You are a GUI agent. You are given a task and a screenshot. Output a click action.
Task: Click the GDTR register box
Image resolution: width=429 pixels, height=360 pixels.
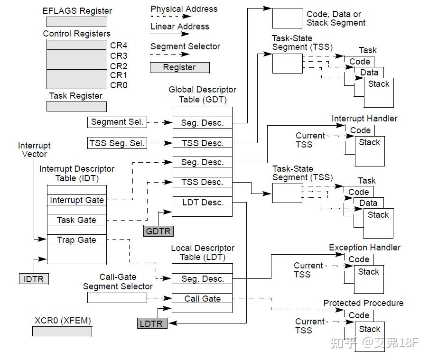click(158, 231)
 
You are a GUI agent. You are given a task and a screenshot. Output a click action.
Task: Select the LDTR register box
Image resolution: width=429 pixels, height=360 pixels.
click(152, 323)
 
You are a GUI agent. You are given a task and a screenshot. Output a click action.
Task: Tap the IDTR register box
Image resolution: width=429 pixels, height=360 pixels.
click(34, 279)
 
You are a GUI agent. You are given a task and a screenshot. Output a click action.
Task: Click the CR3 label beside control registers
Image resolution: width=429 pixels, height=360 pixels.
click(119, 55)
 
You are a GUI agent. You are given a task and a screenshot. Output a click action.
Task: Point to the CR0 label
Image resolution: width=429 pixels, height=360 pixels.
click(119, 85)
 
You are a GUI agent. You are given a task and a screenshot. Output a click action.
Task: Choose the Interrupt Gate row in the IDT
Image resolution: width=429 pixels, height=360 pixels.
click(76, 200)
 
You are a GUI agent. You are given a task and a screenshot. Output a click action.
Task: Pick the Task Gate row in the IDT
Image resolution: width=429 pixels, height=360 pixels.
click(76, 220)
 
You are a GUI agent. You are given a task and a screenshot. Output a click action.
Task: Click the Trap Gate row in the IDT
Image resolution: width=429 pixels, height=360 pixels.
click(76, 240)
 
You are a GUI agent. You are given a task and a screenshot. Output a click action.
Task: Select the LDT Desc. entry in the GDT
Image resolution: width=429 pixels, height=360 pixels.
click(202, 203)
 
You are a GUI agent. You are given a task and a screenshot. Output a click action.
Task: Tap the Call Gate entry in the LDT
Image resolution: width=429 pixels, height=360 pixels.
click(202, 298)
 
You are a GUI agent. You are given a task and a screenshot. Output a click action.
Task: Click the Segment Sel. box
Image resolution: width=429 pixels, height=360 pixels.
click(117, 122)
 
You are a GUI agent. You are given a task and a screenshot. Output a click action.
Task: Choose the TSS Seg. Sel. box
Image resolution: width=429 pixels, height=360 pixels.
click(117, 143)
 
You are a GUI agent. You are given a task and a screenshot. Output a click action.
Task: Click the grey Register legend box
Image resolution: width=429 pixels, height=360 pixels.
click(179, 67)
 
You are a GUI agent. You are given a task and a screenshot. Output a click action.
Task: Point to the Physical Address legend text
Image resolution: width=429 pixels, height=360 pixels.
click(184, 9)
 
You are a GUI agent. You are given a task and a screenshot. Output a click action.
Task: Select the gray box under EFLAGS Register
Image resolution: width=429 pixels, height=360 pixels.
click(76, 22)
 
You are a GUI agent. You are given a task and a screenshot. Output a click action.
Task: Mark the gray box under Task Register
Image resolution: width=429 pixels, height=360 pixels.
click(76, 107)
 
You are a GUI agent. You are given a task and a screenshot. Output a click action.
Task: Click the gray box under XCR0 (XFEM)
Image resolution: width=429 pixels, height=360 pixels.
click(62, 332)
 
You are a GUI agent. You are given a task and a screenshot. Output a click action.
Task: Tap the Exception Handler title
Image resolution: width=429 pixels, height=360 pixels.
click(364, 248)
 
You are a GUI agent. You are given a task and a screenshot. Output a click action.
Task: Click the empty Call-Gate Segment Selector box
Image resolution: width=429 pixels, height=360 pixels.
click(117, 298)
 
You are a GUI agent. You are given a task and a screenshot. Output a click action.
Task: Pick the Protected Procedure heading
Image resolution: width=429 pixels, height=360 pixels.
click(363, 303)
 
